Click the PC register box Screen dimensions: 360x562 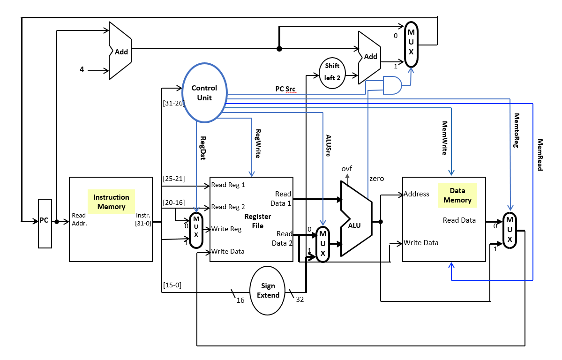[x=44, y=223]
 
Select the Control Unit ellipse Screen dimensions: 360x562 [x=204, y=92]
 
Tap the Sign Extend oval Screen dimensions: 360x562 [x=268, y=291]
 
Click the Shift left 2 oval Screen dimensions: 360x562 [x=332, y=72]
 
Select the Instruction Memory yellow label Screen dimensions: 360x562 [x=112, y=202]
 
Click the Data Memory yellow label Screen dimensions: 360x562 [x=457, y=195]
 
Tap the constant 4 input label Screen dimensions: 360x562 [x=82, y=69]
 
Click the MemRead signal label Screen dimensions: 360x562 [x=540, y=155]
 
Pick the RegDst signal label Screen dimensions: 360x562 [x=203, y=148]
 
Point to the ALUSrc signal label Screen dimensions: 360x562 [x=329, y=146]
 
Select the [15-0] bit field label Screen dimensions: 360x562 [x=172, y=285]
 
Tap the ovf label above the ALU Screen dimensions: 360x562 [x=347, y=168]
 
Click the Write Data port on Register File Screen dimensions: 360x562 [x=228, y=251]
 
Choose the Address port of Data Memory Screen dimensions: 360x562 [x=416, y=194]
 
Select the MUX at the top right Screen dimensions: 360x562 [x=411, y=45]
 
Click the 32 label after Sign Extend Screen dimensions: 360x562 [x=300, y=300]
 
